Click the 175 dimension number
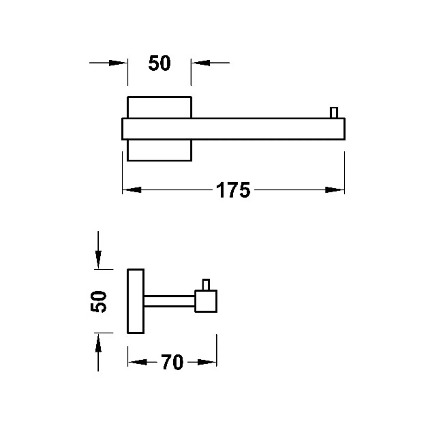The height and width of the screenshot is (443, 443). (x=233, y=190)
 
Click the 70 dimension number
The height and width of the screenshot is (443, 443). (x=172, y=362)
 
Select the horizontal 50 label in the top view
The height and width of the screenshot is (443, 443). (x=159, y=63)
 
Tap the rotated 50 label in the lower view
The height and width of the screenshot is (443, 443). (x=98, y=301)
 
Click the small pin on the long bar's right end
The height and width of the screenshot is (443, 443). (x=334, y=113)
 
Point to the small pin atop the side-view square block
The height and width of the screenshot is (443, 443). (x=206, y=285)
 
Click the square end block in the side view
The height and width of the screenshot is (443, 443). (x=206, y=301)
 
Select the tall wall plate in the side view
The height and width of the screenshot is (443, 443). (x=136, y=301)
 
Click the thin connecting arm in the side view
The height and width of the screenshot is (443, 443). (x=170, y=301)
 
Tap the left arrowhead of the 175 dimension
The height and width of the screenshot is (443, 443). (x=132, y=190)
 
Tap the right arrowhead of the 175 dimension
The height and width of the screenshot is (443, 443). (x=335, y=190)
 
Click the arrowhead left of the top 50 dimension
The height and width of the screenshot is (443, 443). (x=118, y=63)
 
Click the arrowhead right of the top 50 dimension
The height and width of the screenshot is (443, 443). (x=201, y=63)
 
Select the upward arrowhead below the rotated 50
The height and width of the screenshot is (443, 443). (x=98, y=343)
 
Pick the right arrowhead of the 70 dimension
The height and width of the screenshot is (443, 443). (x=207, y=362)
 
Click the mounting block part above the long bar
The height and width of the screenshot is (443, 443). (x=159, y=107)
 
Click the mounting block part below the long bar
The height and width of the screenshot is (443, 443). (x=159, y=150)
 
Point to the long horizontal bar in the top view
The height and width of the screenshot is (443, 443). (x=233, y=129)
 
